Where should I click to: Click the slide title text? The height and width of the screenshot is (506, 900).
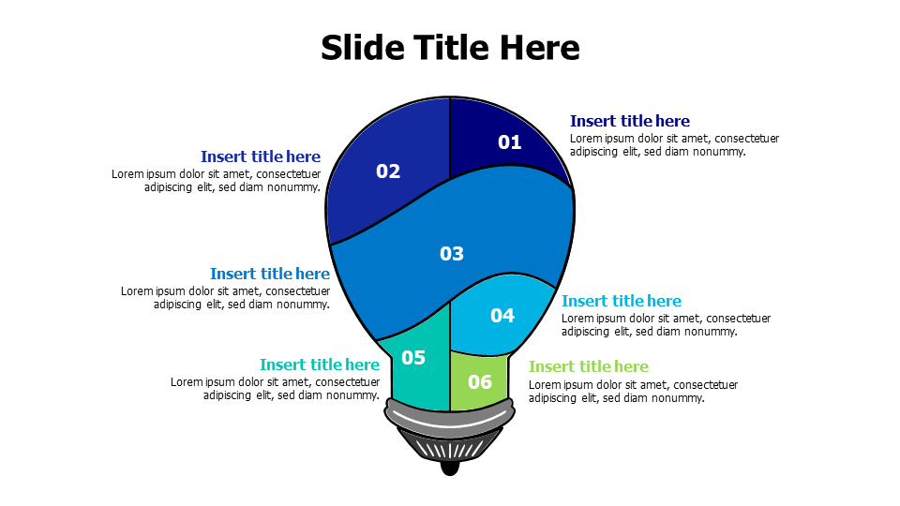click(x=450, y=47)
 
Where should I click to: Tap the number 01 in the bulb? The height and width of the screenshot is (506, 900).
click(x=509, y=142)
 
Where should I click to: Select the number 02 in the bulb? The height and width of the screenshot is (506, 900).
click(x=388, y=171)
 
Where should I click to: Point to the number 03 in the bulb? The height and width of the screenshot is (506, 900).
click(x=452, y=254)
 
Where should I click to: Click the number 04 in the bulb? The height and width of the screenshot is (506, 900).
click(x=502, y=316)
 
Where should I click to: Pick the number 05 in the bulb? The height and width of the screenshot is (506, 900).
click(x=413, y=358)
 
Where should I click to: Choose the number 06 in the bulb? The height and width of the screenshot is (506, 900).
click(x=479, y=382)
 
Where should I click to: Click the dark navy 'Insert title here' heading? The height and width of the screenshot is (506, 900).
click(x=629, y=121)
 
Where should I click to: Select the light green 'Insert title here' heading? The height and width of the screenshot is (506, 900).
click(x=588, y=366)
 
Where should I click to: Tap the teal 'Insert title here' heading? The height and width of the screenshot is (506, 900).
click(x=319, y=365)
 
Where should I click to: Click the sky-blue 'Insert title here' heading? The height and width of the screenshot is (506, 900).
click(x=621, y=301)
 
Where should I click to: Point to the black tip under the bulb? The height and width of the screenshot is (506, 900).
click(x=450, y=467)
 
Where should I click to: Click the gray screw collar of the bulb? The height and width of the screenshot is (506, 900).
click(x=450, y=416)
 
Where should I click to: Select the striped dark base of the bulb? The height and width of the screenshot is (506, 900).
click(x=450, y=446)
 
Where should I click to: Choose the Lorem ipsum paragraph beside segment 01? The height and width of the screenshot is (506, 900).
click(x=674, y=145)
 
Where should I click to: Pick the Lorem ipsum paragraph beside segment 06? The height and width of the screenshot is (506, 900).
click(x=633, y=392)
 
